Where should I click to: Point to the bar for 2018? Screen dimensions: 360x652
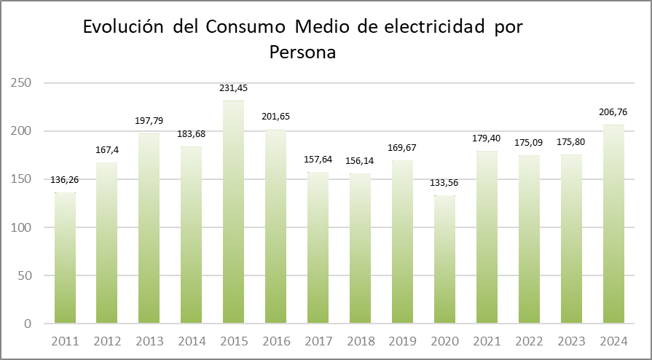pos(360,248)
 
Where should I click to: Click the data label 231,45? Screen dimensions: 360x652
pos(233,88)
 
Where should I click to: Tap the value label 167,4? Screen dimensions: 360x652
pos(107,150)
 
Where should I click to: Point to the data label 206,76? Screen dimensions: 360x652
pos(613,112)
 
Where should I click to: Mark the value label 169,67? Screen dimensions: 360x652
pos(402,148)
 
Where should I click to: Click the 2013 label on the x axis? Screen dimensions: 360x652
pos(149,340)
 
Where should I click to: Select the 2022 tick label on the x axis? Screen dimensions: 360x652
pos(529,340)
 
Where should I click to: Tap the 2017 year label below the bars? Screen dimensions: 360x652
pos(318,340)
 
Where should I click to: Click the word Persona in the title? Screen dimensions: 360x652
pos(302,53)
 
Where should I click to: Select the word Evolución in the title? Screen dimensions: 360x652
pos(125,27)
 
